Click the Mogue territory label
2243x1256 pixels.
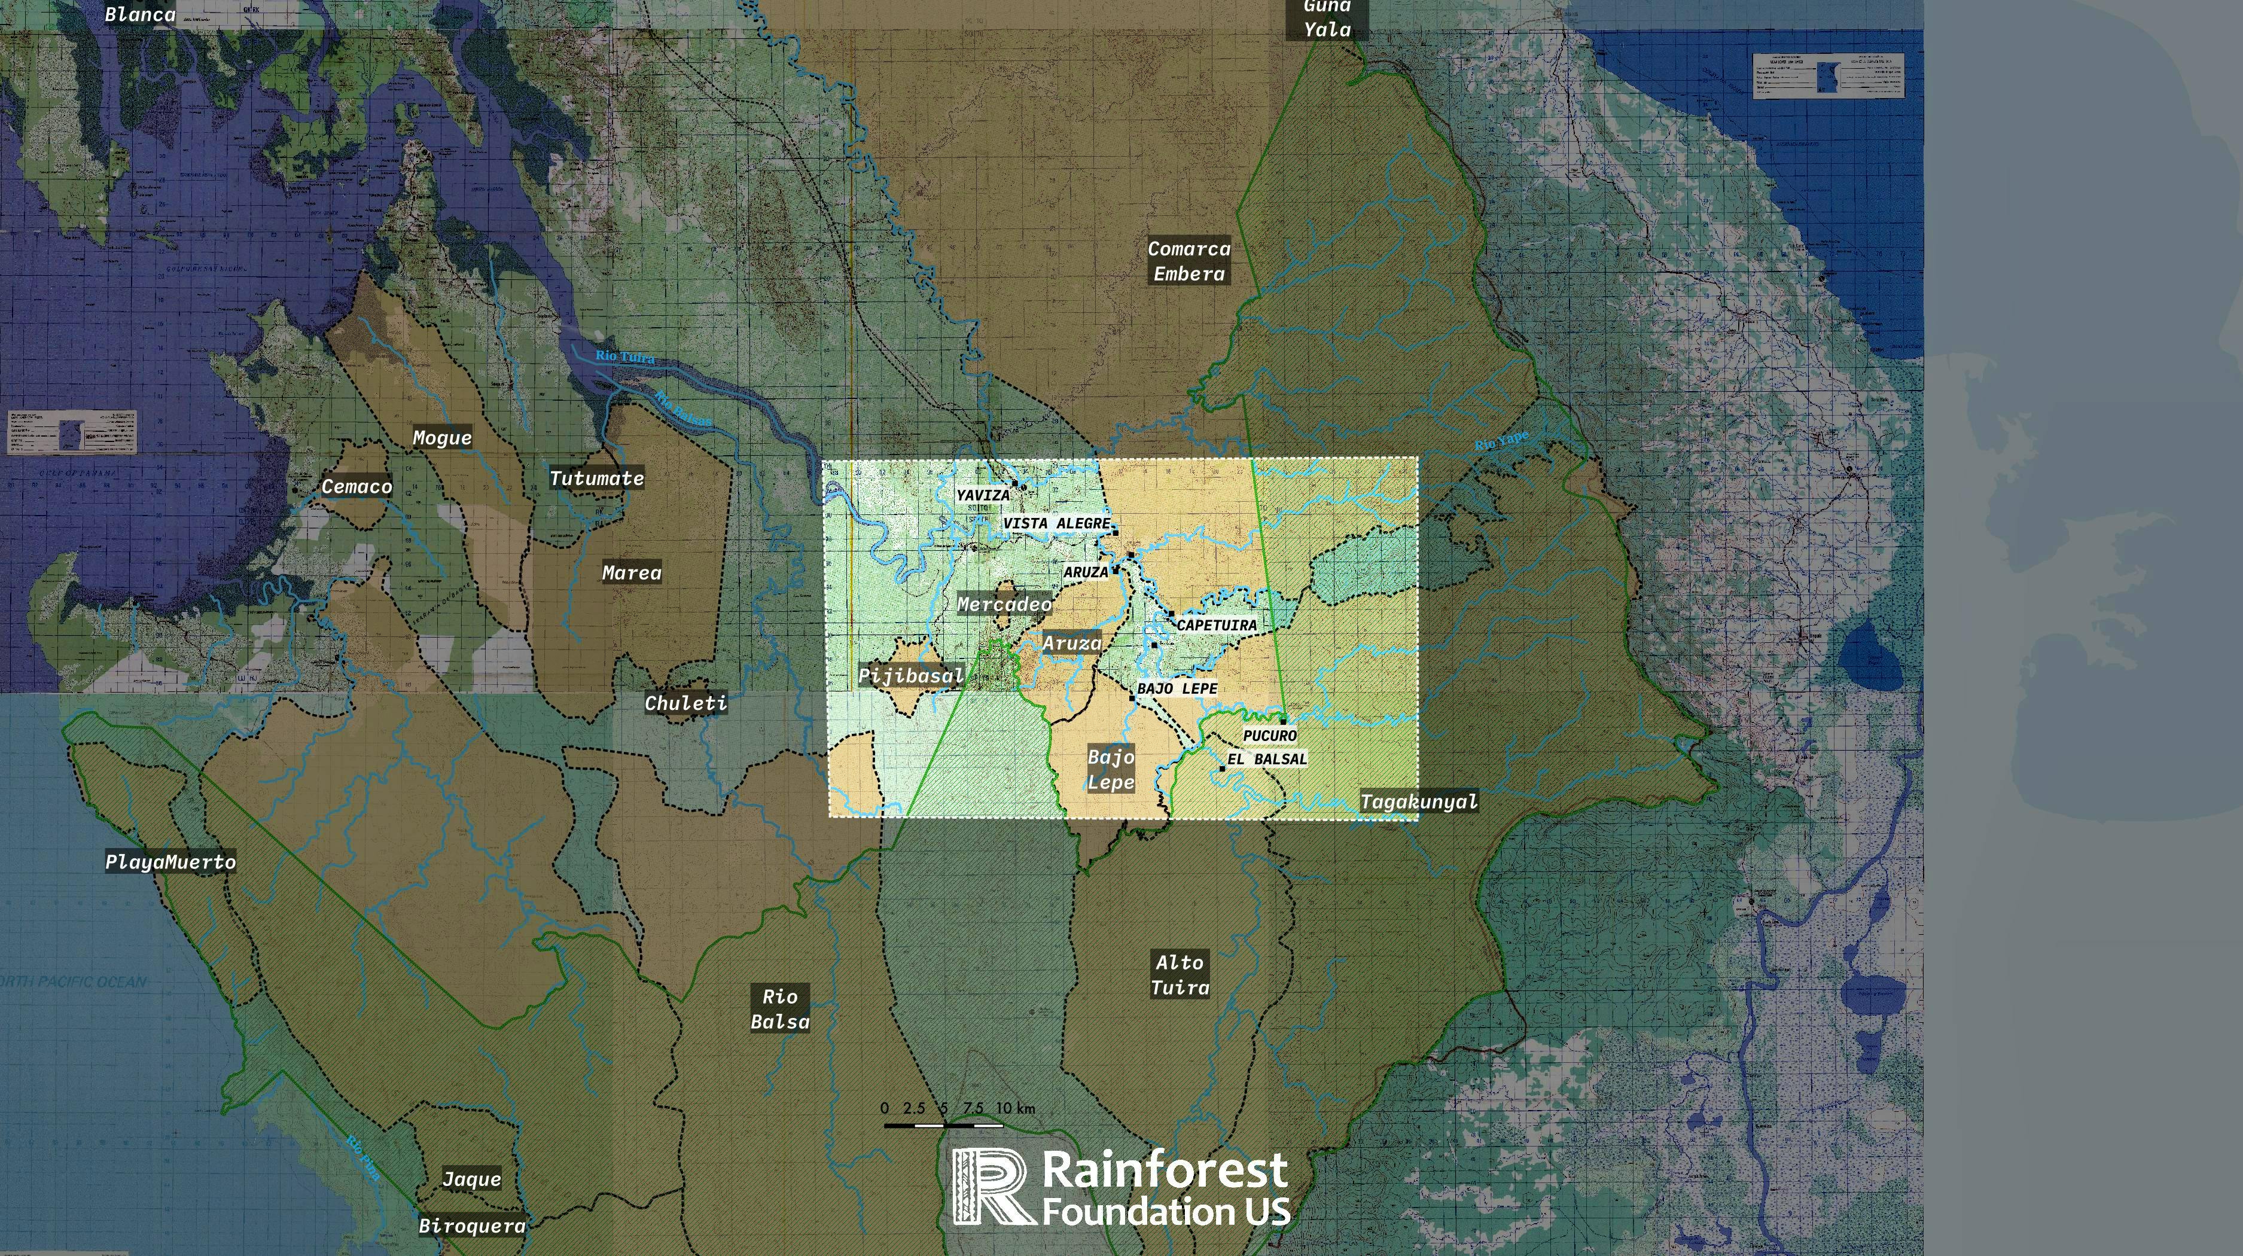point(443,438)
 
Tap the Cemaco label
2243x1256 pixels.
point(357,487)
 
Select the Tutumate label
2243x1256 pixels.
point(596,478)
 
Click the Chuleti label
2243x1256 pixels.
point(686,703)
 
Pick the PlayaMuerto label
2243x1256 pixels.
point(170,862)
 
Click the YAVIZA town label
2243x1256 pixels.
point(983,495)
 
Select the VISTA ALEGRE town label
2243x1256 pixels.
point(1057,523)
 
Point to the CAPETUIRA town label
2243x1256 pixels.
point(1217,625)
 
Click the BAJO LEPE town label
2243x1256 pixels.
point(1177,688)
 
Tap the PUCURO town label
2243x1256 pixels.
point(1269,736)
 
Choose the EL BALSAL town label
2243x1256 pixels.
point(1267,759)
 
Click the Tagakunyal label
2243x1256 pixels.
point(1418,801)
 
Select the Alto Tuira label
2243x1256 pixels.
point(1180,975)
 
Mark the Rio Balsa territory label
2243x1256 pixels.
point(780,1009)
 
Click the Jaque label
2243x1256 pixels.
point(472,1179)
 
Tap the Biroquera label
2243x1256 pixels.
point(472,1225)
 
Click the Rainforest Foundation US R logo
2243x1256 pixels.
point(993,1185)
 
